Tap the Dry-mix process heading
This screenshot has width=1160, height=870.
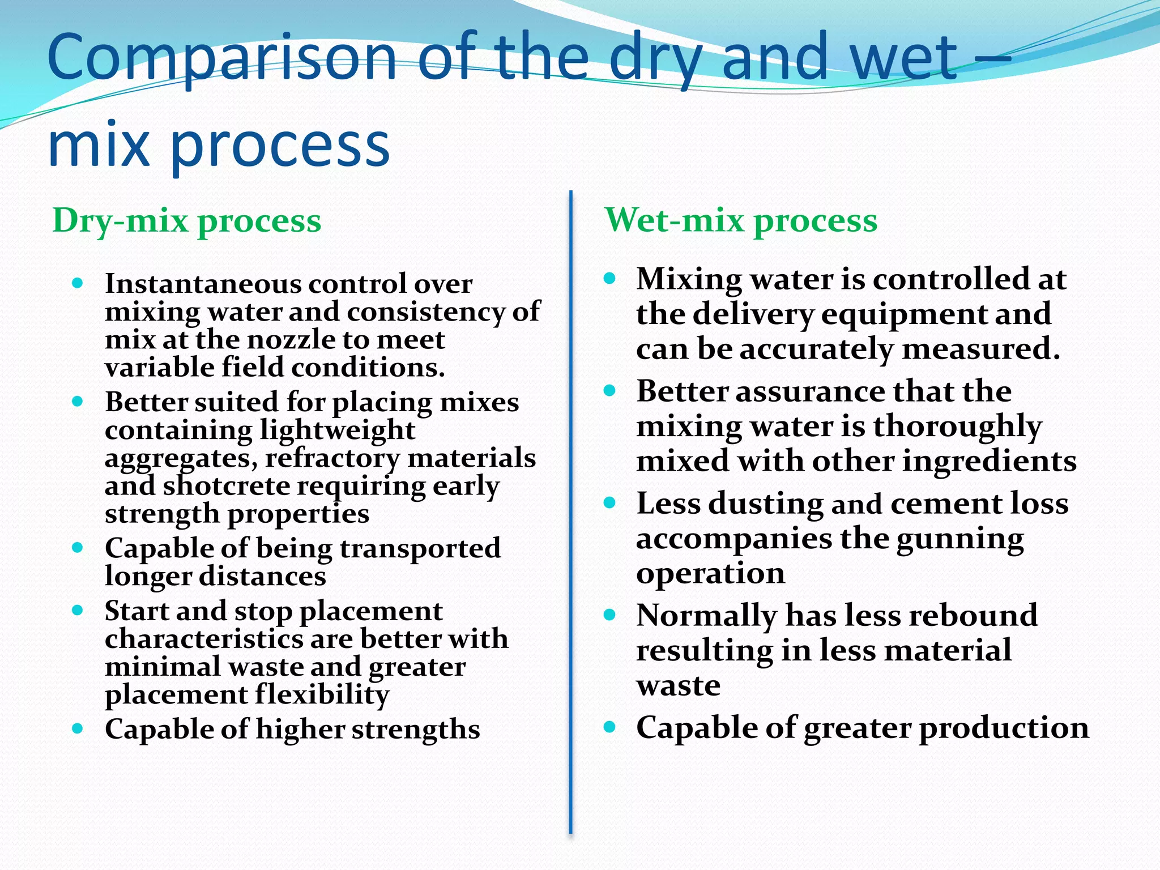(x=186, y=220)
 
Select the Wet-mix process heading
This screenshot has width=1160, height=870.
(x=741, y=220)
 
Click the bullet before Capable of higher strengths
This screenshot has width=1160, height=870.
(x=78, y=728)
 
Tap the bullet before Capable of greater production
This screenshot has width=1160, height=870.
(x=609, y=727)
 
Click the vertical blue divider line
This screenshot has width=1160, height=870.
(x=570, y=510)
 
